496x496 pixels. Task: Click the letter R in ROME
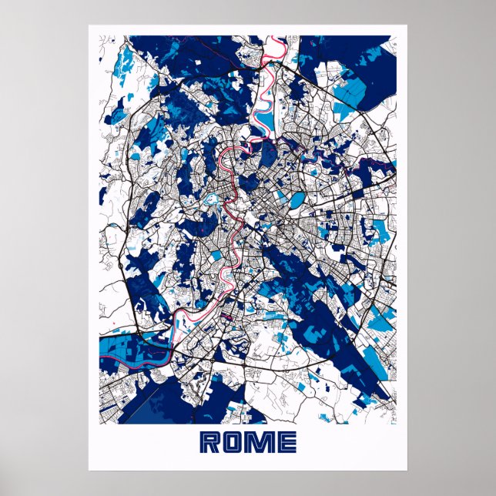point(211,442)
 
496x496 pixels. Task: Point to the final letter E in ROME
point(285,442)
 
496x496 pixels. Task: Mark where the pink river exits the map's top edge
point(271,35)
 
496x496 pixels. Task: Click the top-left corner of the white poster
point(89,25)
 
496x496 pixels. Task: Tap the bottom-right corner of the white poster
point(407,470)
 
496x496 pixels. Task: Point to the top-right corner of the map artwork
point(397,35)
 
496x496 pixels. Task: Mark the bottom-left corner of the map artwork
point(99,424)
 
